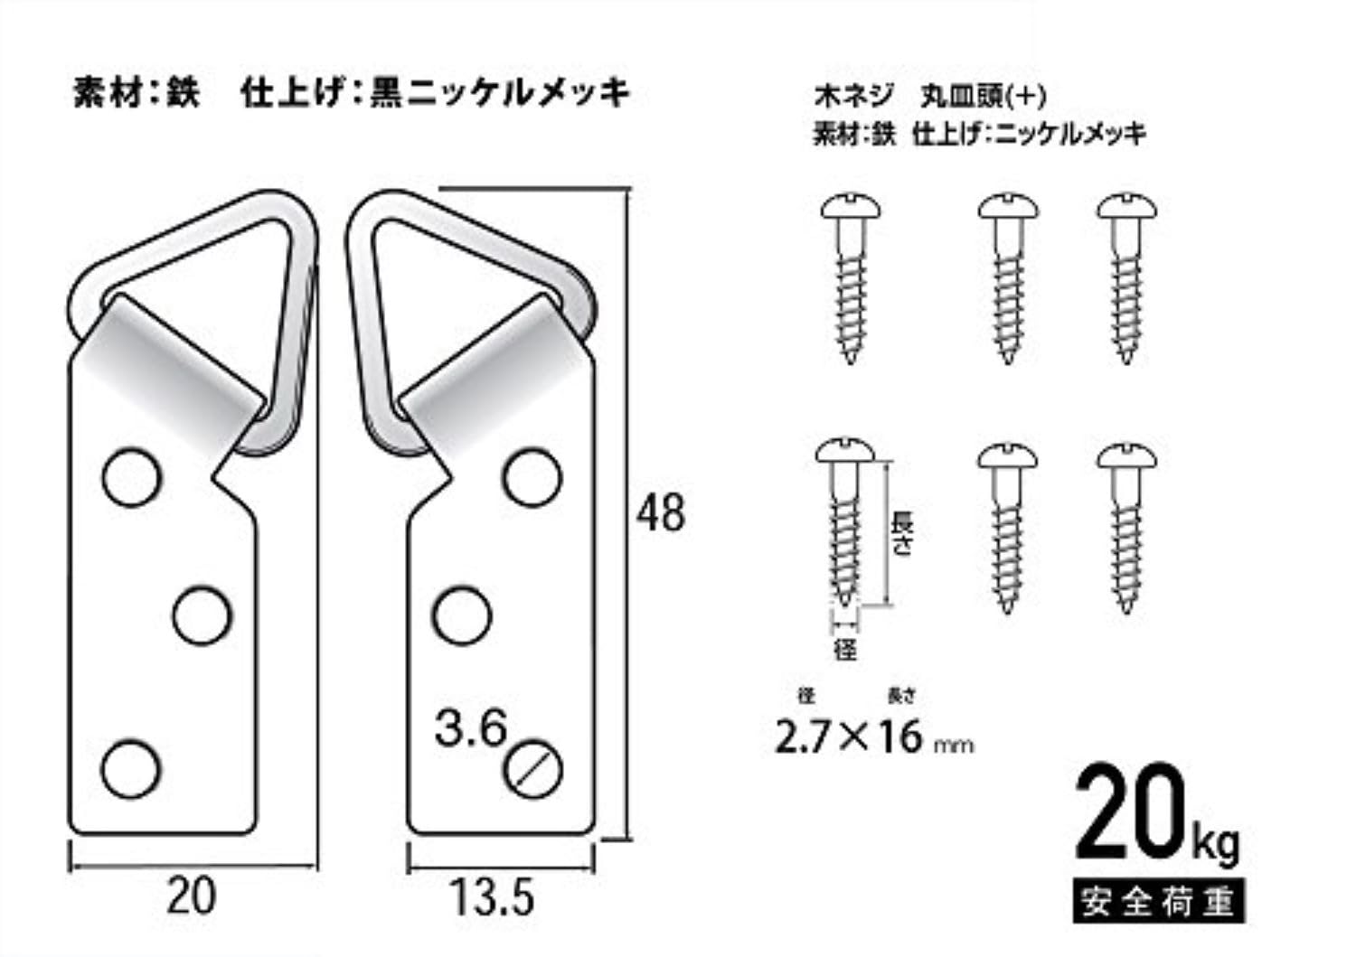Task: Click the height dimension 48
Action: click(660, 513)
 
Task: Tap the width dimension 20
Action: click(191, 896)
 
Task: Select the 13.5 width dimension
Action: click(493, 898)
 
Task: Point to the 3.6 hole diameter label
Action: click(470, 728)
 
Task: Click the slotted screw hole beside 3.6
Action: click(532, 769)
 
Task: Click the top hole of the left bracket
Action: click(132, 477)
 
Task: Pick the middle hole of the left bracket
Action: click(202, 615)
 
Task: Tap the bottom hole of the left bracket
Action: click(131, 769)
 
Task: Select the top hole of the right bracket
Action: click(532, 477)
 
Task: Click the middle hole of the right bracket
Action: click(462, 615)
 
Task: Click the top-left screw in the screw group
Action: click(851, 279)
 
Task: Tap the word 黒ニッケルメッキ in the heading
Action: click(500, 94)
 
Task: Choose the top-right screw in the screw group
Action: click(1126, 279)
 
